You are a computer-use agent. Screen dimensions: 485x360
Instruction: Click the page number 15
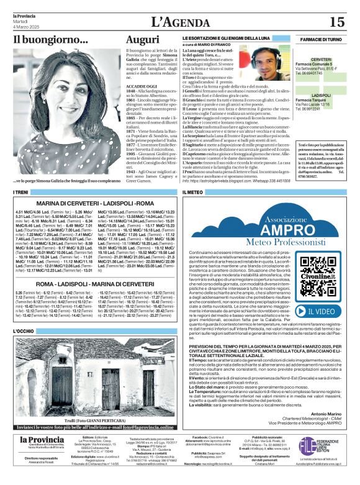point(337,22)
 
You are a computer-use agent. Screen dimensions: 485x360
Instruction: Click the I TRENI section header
point(21,193)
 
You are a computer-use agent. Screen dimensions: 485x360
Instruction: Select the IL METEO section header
point(194,193)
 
